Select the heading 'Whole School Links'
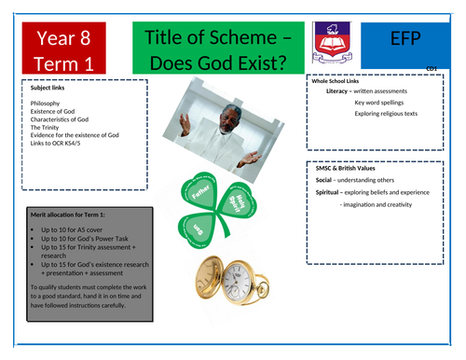341,83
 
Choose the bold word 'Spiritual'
333,190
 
